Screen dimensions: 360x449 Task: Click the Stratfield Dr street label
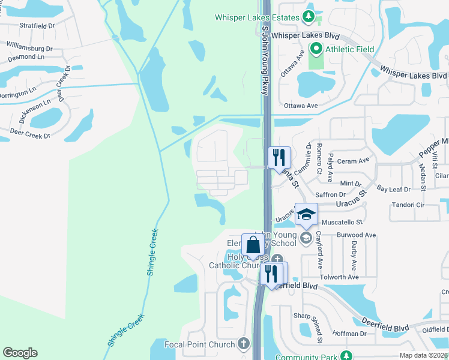tap(37, 26)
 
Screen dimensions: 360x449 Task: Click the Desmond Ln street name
tap(25, 56)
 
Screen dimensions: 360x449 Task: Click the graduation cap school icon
tap(306, 215)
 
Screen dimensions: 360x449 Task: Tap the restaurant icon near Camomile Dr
tap(279, 158)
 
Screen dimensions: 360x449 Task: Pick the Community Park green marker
tap(345, 356)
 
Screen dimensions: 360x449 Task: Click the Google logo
tap(20, 353)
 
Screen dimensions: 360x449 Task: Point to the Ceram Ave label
tap(354, 161)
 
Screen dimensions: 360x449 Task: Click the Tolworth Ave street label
tap(339, 277)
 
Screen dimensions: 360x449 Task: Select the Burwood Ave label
tap(356, 235)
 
